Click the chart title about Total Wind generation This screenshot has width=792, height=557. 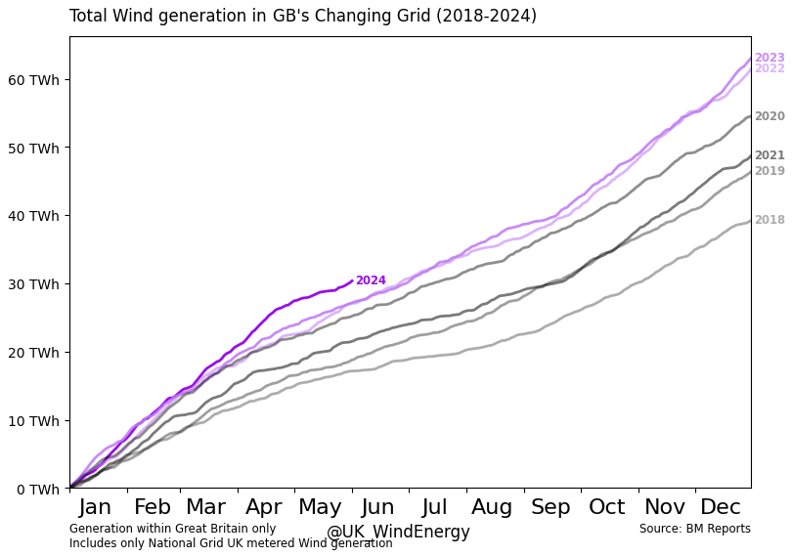(302, 17)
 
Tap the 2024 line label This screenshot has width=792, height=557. (371, 280)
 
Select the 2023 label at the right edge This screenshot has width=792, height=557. (770, 58)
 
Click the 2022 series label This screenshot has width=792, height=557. (770, 68)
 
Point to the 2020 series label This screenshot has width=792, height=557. (770, 116)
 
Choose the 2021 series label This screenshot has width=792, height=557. (770, 155)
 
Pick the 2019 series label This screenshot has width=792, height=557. (770, 171)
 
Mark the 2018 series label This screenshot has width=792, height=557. (770, 220)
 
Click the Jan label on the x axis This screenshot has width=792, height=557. (95, 506)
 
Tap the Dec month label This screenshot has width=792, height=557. (721, 506)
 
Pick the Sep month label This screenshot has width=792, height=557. (550, 506)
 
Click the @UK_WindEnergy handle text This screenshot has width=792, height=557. (398, 533)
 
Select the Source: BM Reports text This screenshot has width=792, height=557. (694, 529)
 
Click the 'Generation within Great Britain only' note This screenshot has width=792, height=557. (172, 529)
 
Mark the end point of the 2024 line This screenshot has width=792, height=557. (352, 280)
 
